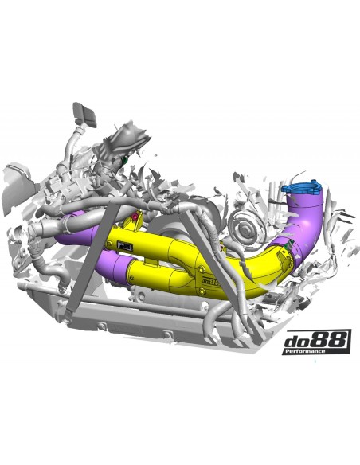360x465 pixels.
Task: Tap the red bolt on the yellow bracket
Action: (135, 217)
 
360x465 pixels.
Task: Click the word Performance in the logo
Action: (304, 351)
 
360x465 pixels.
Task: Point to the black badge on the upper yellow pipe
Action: (125, 245)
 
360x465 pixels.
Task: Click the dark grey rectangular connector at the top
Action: (85, 114)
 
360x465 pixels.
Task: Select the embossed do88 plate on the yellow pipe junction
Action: (211, 280)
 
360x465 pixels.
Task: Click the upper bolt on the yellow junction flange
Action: (202, 270)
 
